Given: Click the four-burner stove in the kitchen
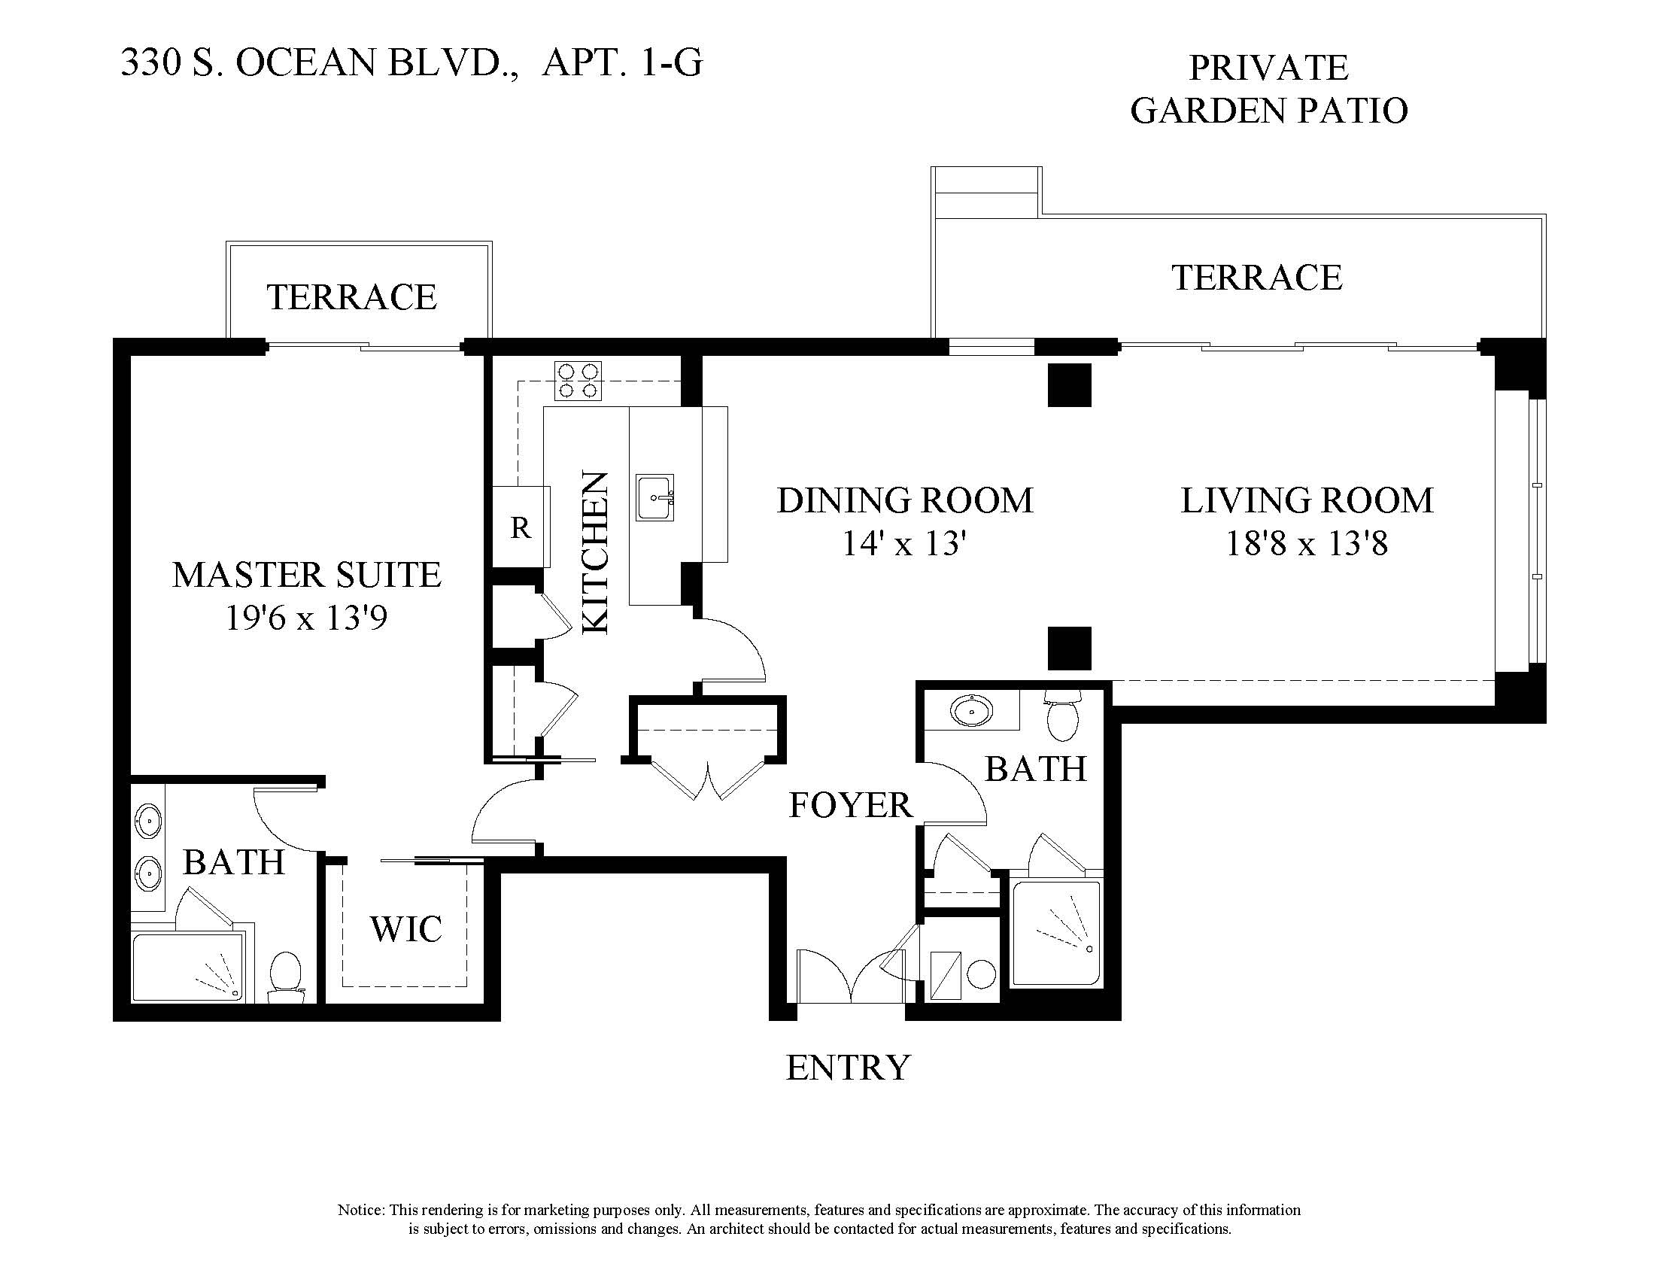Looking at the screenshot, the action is point(578,381).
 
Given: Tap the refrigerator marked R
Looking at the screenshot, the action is point(521,526).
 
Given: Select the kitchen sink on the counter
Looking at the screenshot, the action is point(655,497).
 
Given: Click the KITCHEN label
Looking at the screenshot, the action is point(596,552).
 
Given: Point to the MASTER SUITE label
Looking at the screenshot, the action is point(307,575).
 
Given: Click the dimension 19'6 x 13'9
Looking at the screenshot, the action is point(306,618).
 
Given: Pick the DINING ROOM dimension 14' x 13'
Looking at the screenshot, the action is point(904,543).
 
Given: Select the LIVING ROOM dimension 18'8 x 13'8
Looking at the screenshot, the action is point(1307,543).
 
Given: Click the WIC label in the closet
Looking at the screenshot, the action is point(406,929).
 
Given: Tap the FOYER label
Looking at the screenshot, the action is point(850,805).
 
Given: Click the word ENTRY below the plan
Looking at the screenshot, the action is point(848,1068).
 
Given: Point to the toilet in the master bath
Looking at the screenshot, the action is point(286,977).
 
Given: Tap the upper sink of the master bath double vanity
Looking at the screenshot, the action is point(147,819).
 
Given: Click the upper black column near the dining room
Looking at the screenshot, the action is point(1069,385).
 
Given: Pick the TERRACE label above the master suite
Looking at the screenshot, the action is point(351,297).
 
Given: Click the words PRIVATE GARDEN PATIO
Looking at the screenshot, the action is point(1269,89).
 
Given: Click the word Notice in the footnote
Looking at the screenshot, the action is point(360,1210).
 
